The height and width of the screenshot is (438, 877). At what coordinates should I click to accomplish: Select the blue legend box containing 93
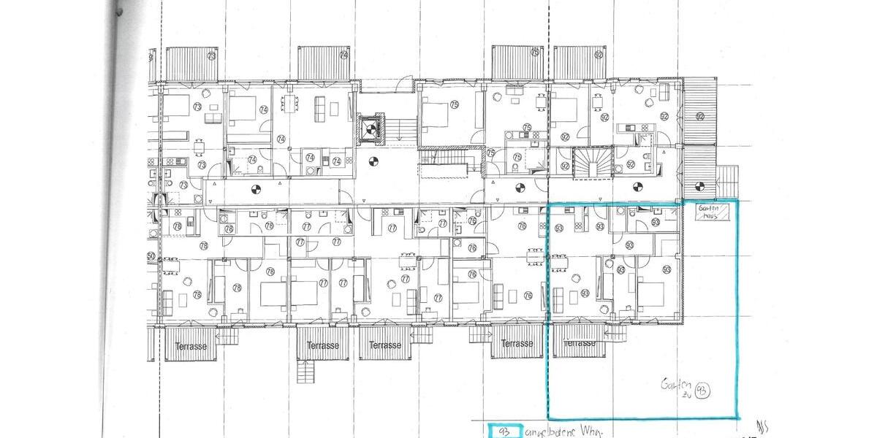(x=504, y=431)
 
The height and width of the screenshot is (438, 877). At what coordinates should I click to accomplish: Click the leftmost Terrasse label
(x=191, y=346)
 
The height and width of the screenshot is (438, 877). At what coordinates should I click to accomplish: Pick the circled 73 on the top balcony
(x=212, y=56)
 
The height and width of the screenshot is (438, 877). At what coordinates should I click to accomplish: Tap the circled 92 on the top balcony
(x=599, y=55)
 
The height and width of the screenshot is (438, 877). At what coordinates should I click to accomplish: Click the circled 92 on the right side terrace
(x=699, y=116)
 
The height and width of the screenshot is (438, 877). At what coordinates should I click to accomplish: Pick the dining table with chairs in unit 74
(x=291, y=104)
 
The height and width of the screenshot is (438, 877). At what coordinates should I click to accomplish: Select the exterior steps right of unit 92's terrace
(x=729, y=177)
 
